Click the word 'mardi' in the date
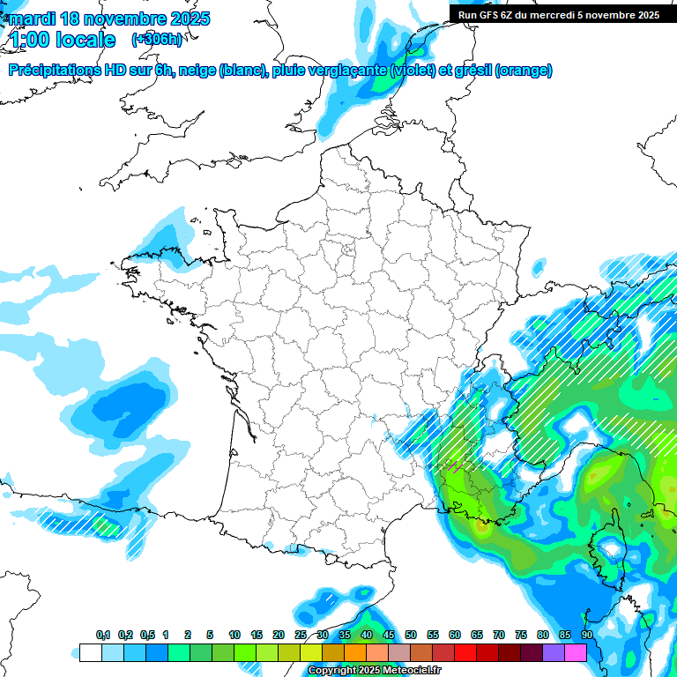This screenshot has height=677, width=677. point(30,19)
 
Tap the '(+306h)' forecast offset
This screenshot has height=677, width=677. point(157,40)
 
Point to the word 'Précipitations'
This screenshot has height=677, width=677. point(54,71)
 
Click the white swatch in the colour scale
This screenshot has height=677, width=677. point(90,653)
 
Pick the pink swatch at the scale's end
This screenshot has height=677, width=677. point(576,653)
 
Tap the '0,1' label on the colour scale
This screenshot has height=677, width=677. point(103,636)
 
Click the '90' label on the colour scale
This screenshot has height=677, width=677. point(587,636)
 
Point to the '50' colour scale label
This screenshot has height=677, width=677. point(411,636)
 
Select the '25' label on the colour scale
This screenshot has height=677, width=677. point(301,636)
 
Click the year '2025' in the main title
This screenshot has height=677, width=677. point(189,19)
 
